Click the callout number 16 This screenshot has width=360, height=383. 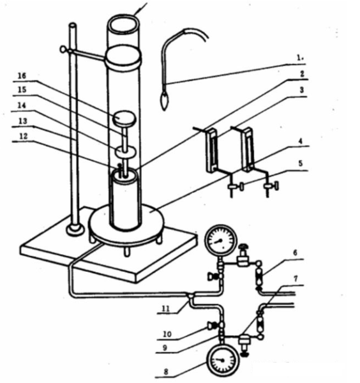pos(22,76)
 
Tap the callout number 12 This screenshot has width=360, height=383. pos(24,137)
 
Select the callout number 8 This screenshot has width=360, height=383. pos(166,372)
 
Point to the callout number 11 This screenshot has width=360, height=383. pos(166,309)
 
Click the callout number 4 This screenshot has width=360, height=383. pos(301,141)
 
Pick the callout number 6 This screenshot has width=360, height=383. pos(295,253)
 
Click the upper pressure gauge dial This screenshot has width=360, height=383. pos(221,241)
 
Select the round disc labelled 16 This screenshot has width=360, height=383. pos(125,119)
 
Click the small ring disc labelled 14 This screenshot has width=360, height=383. pos(125,152)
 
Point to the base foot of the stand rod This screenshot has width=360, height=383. pos(75,230)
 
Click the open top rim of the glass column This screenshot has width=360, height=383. pos(124,24)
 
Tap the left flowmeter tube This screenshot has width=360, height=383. pos(211,149)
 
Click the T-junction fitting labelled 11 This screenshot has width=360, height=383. pos(190,295)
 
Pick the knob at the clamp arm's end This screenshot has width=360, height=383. pos(63,49)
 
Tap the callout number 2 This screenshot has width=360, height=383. pos(302,74)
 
